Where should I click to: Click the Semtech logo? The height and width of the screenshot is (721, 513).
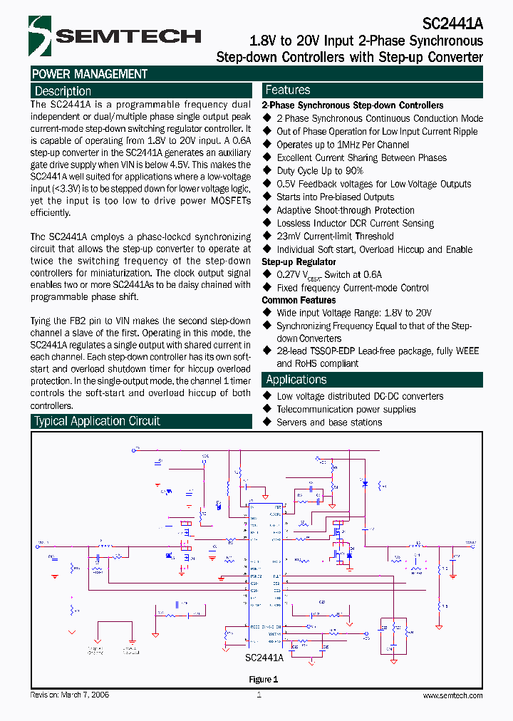114,36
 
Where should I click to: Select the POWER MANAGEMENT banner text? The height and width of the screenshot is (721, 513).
90,74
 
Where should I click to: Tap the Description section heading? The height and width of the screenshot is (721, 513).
63,91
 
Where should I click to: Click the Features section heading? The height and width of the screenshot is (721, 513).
287,90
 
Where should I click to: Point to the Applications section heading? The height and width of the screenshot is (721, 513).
296,380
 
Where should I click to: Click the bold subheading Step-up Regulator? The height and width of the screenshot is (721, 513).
299,262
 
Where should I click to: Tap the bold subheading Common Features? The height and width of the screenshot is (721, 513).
299,300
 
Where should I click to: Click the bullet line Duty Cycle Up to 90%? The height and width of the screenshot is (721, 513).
320,171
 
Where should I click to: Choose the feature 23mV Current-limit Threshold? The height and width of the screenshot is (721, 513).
335,237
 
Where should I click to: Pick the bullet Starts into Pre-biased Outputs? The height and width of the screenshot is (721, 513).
335,197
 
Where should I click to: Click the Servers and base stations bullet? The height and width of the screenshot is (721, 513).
329,422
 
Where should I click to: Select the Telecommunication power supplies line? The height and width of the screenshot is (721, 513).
346,410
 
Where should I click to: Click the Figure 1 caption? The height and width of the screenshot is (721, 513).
263,679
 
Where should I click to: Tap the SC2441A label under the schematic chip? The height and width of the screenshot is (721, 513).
264,658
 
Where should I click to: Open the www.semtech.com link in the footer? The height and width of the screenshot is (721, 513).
452,695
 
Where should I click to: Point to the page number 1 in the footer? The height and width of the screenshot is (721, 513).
259,695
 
